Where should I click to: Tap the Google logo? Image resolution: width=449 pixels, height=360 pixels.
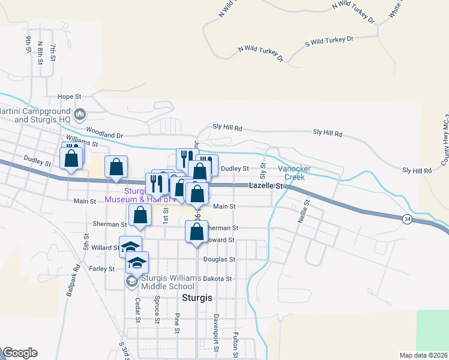click(20, 353)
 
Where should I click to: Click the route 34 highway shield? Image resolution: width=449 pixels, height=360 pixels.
click(408, 220)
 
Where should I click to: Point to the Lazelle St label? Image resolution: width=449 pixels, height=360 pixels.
click(265, 187)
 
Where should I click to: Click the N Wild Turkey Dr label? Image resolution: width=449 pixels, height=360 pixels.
click(261, 53)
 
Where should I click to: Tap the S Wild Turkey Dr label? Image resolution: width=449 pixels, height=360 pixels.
click(330, 40)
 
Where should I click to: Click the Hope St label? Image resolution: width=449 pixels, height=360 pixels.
click(69, 97)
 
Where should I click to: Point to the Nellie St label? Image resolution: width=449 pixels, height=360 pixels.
click(304, 212)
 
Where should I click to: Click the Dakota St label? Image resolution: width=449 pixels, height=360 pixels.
click(217, 279)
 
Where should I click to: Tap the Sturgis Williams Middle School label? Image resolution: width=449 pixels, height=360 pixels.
click(168, 281)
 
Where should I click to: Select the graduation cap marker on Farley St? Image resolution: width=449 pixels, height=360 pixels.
click(137, 262)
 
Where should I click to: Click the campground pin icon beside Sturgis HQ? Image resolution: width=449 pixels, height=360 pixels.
click(81, 114)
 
